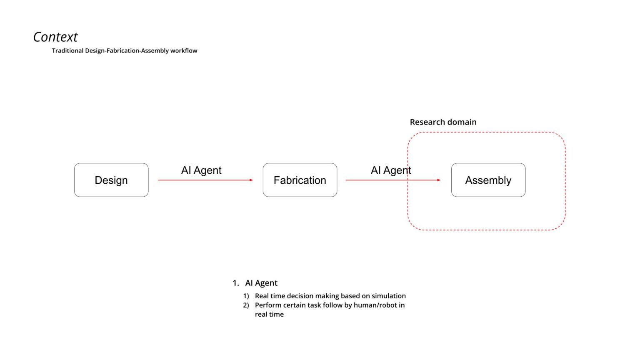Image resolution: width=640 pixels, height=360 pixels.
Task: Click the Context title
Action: [x=55, y=37]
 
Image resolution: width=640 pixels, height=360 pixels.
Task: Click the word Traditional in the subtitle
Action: [x=67, y=51]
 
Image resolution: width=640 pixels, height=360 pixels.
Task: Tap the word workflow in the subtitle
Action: [x=183, y=51]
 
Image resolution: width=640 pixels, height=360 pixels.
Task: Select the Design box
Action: [x=111, y=180]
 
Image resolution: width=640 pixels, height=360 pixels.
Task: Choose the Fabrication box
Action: [x=300, y=180]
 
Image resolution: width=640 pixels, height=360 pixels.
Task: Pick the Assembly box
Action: [x=488, y=180]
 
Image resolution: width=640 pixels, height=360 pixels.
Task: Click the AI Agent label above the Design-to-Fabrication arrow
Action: [x=201, y=170]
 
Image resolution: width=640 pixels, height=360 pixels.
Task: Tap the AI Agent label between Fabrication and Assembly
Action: [x=391, y=170]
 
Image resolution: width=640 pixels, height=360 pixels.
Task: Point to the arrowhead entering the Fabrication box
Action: [x=251, y=180]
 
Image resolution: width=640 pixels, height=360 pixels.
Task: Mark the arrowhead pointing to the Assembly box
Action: [x=439, y=180]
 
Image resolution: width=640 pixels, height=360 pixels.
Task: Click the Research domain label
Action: [x=443, y=122]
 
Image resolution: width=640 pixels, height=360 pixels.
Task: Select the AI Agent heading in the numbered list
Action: [x=261, y=283]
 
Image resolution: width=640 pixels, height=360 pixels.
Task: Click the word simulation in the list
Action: [x=389, y=296]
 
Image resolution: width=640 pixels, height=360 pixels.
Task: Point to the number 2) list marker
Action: [x=246, y=305]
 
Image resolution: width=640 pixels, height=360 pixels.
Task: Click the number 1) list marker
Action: [x=246, y=296]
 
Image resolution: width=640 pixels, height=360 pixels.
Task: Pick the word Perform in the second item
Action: [x=267, y=305]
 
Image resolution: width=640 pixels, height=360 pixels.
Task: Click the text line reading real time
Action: [x=269, y=314]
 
